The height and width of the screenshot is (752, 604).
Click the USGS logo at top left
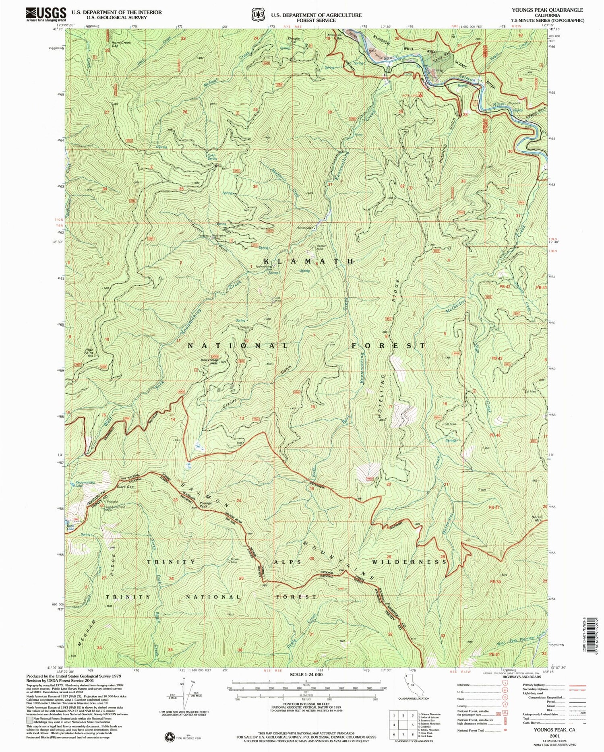pos(46,14)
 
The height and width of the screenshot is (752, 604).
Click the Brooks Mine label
pos(235,560)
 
